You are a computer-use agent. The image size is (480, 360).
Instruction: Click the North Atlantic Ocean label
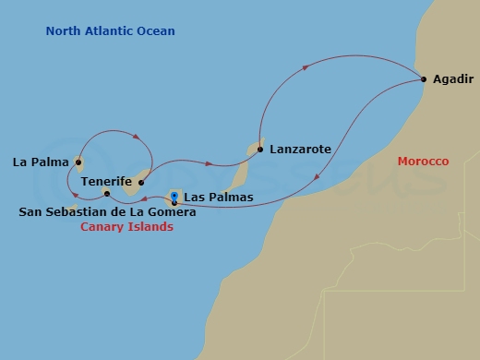click(110, 31)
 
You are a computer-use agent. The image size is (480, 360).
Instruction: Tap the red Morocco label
click(423, 162)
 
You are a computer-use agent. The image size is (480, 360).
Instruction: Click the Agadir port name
click(451, 79)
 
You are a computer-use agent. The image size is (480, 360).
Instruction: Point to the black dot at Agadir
click(424, 79)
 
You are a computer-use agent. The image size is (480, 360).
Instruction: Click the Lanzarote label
click(300, 149)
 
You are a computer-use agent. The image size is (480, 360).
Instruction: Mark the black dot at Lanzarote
click(260, 149)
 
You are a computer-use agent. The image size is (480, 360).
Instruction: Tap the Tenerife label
click(107, 182)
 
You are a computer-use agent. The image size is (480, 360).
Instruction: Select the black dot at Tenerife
click(141, 183)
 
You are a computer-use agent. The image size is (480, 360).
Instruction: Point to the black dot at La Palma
click(78, 163)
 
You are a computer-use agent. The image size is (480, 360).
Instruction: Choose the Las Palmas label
click(219, 197)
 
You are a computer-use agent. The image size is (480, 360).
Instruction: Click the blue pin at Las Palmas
click(174, 198)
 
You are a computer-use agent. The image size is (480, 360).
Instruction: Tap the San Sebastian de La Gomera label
click(107, 212)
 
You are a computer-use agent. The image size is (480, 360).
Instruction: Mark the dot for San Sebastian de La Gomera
click(108, 194)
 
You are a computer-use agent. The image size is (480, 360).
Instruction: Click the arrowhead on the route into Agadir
click(307, 65)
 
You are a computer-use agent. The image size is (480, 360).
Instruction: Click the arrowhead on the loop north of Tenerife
click(138, 138)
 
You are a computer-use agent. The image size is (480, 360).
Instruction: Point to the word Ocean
click(155, 31)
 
